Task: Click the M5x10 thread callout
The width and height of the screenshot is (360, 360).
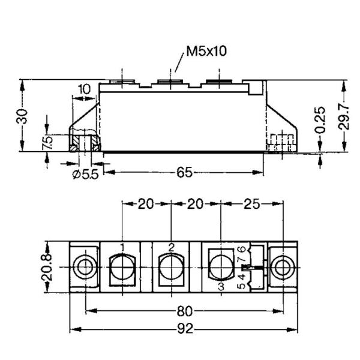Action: (206, 51)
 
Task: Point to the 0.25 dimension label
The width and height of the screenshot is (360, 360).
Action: (320, 120)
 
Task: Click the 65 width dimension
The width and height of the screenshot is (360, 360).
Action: (184, 173)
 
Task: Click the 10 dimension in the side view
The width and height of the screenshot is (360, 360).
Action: (84, 89)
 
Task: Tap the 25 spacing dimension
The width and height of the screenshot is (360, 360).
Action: (251, 204)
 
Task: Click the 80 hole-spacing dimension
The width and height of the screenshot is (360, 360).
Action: (184, 312)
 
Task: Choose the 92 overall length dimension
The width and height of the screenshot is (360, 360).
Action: (184, 329)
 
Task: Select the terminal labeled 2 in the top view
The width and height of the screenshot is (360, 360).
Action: (171, 266)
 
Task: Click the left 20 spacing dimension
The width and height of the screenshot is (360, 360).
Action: (146, 204)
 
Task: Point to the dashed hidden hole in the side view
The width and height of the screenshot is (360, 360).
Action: (281, 142)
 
